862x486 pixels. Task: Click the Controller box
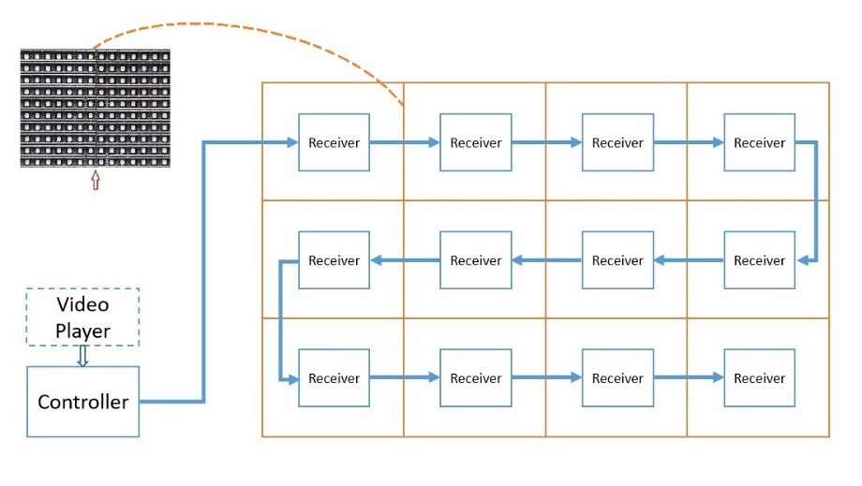pos(83,402)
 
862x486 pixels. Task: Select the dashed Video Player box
pos(82,317)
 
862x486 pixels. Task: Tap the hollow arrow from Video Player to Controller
pos(83,356)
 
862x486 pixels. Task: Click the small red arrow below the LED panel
pos(96,180)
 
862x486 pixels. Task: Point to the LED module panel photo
pos(96,109)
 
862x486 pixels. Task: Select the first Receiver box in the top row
pos(334,142)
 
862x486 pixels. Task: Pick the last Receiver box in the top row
pos(759,142)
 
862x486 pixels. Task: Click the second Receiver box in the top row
pos(476,142)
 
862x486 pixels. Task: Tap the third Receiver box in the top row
pos(617,142)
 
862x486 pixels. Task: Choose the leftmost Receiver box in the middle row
pos(334,259)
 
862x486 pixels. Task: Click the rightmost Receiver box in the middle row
pos(759,259)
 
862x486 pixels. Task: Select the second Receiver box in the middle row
pos(476,259)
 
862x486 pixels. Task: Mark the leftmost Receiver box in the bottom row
pos(334,377)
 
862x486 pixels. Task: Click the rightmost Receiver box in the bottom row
pos(759,377)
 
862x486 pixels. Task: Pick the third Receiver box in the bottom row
pos(617,377)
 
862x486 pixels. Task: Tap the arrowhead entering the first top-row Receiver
pos(292,142)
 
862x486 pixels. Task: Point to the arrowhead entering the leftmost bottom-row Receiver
pos(292,378)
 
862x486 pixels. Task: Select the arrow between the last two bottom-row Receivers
pos(689,377)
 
